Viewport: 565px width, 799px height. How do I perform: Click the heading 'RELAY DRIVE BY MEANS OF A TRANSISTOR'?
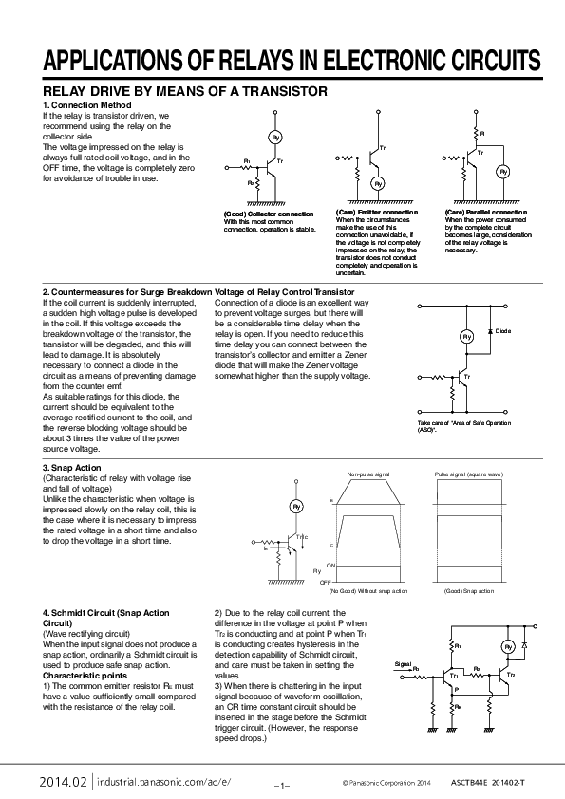(x=184, y=91)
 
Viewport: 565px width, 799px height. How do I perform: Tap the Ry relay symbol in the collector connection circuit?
(x=275, y=138)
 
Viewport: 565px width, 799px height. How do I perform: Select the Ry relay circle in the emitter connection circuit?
(x=377, y=182)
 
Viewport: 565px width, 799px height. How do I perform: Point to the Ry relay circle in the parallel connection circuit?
(x=503, y=172)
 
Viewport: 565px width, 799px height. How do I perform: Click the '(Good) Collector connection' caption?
(x=269, y=214)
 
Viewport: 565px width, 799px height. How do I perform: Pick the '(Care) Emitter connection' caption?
(x=377, y=212)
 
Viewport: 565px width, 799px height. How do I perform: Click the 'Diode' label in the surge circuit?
(x=503, y=330)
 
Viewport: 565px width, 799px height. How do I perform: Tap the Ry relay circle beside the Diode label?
(x=466, y=337)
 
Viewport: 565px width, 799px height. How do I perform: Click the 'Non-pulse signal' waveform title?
(x=367, y=472)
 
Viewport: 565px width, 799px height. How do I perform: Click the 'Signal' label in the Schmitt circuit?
(x=404, y=664)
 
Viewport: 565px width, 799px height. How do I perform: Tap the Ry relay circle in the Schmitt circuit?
(x=507, y=646)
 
